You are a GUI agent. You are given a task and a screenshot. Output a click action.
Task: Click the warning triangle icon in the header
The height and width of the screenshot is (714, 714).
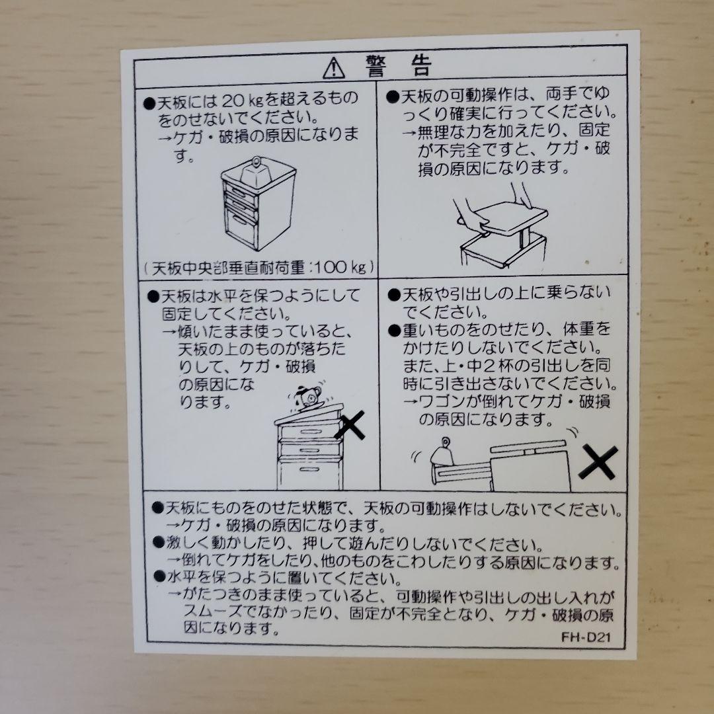click(x=335, y=67)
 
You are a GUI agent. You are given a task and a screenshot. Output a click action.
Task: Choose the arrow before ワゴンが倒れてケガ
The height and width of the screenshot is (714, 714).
click(x=409, y=401)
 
